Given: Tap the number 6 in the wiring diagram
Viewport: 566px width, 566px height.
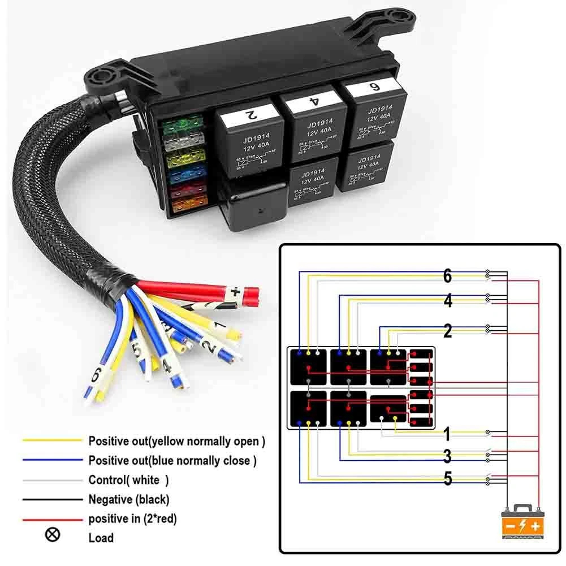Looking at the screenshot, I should pos(447,276).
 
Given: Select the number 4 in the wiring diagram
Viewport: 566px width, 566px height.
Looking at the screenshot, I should pos(448,301).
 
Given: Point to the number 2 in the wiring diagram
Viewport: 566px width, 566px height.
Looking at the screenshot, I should pos(448,331).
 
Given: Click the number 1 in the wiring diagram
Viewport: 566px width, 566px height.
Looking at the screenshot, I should pos(447,435).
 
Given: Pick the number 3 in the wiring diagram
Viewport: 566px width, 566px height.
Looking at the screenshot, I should pos(447,456).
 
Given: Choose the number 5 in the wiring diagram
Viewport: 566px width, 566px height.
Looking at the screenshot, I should pos(447,479).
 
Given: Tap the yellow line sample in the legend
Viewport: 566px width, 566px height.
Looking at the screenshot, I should pos(53,440).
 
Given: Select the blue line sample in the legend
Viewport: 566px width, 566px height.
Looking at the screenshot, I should pos(53,460).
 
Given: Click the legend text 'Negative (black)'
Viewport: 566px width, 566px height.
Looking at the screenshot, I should pos(129,499).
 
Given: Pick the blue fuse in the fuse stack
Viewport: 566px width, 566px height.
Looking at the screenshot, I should pos(185,175).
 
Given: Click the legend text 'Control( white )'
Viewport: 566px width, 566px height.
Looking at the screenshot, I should pos(128,480).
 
